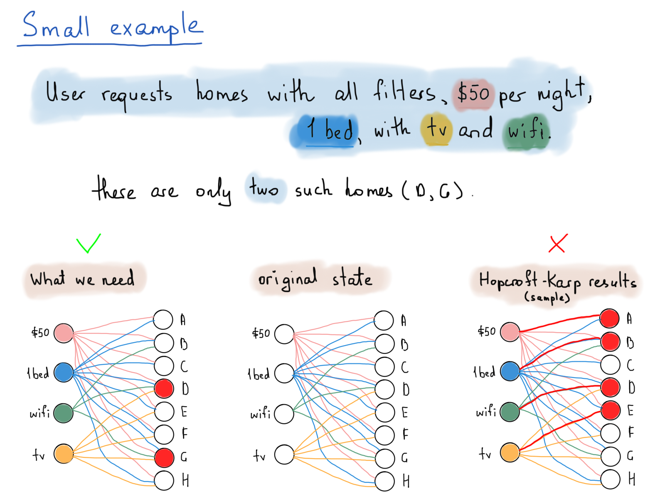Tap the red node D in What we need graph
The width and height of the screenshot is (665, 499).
pyautogui.click(x=164, y=388)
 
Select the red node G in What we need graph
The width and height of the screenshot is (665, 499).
pyautogui.click(x=164, y=457)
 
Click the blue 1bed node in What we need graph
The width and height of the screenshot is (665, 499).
pyautogui.click(x=64, y=372)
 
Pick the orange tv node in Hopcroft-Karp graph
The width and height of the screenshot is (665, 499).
pyautogui.click(x=510, y=452)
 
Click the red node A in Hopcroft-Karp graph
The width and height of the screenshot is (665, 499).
pyautogui.click(x=610, y=319)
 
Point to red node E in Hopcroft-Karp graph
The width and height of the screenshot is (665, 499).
pyautogui.click(x=611, y=410)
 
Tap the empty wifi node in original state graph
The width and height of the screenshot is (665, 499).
pyautogui.click(x=284, y=414)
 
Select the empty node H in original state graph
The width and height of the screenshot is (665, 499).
pyautogui.click(x=385, y=481)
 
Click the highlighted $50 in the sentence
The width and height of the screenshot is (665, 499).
pyautogui.click(x=473, y=93)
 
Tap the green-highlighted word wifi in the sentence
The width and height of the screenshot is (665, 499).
pyautogui.click(x=529, y=130)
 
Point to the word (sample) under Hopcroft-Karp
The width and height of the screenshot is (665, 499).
pyautogui.click(x=547, y=297)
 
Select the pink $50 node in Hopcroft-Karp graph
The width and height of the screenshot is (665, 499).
pyautogui.click(x=510, y=332)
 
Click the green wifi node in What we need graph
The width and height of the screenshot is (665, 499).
pyautogui.click(x=63, y=413)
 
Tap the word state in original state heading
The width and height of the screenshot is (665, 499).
pyautogui.click(x=352, y=277)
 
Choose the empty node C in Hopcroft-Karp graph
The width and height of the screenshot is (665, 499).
pyautogui.click(x=610, y=365)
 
